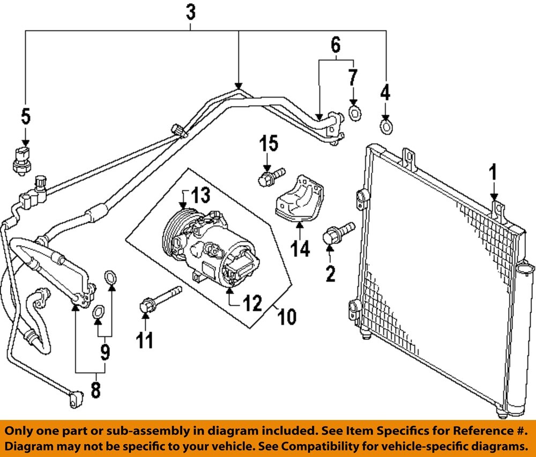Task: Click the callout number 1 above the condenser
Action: tap(493, 173)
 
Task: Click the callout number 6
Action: tap(336, 45)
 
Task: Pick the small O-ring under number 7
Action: tap(354, 113)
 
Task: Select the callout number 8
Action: tap(95, 389)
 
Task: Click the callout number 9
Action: tap(105, 352)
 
